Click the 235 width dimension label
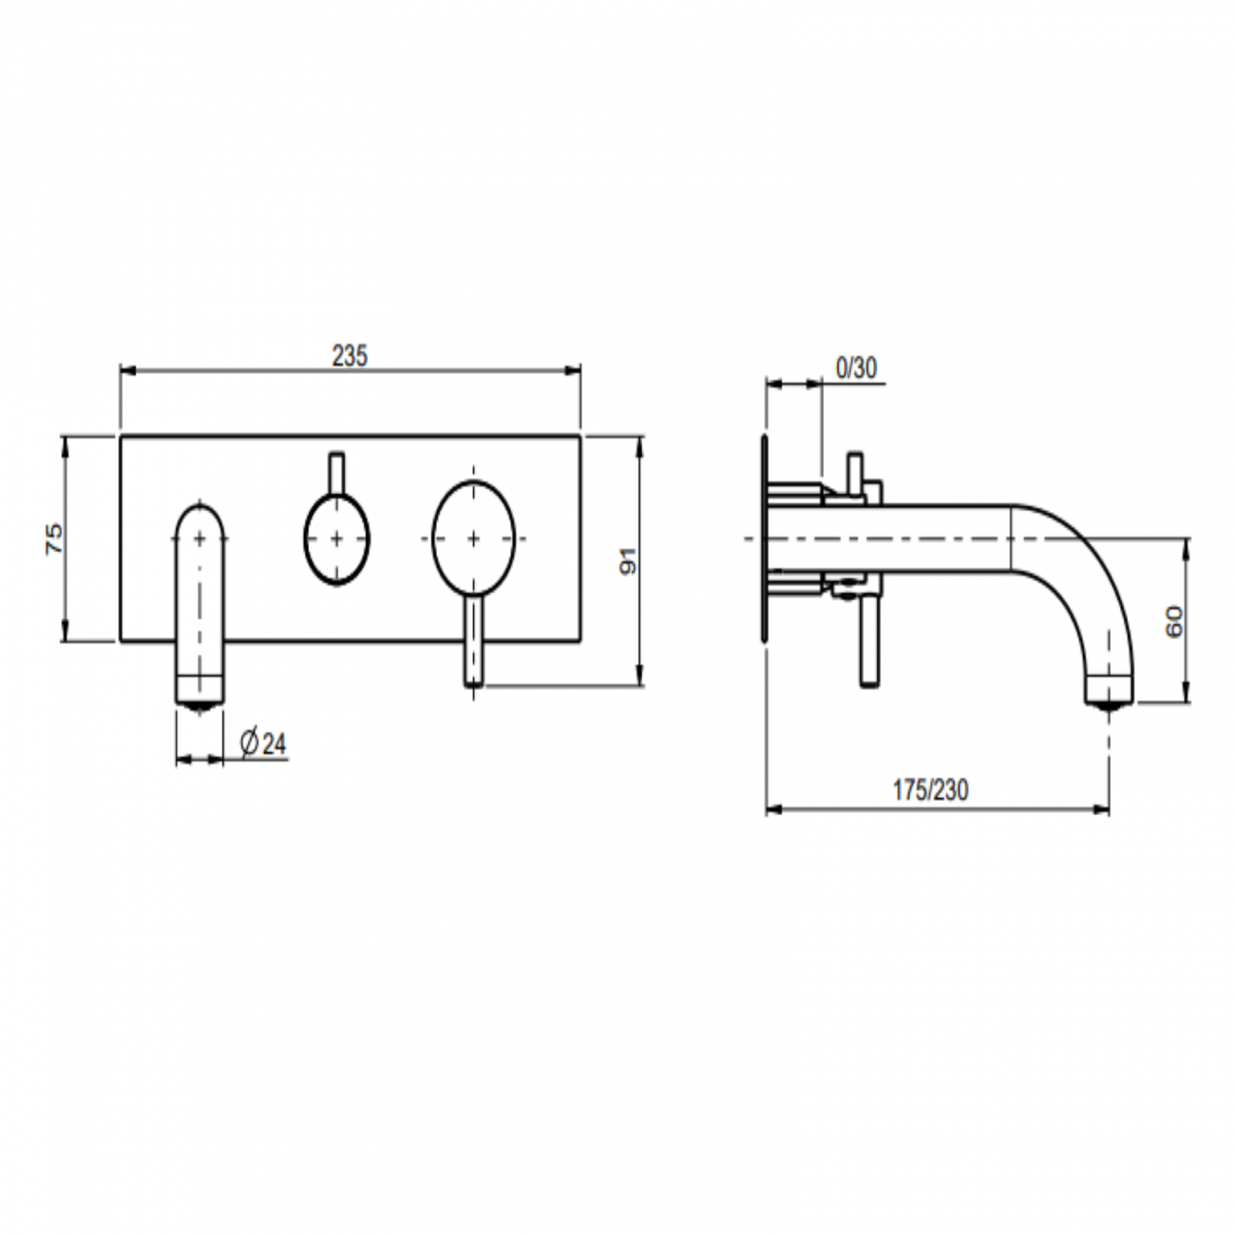(x=349, y=355)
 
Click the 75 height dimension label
(x=55, y=539)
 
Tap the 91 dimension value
(x=627, y=560)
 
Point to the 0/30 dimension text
(x=856, y=368)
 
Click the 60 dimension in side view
(x=1174, y=621)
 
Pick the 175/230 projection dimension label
(x=931, y=790)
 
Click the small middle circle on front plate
(x=336, y=538)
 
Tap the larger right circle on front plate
(x=473, y=538)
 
